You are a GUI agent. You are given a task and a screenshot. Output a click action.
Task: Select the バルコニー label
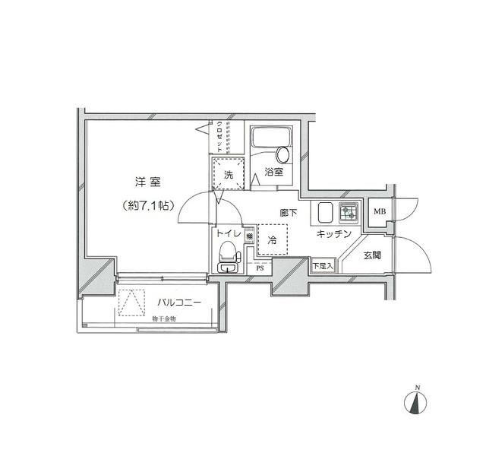(174, 303)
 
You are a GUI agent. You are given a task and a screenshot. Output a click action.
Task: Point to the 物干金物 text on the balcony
(163, 318)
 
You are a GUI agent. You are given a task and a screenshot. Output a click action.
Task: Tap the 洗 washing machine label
(228, 175)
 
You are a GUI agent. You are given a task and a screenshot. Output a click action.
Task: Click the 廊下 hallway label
(288, 214)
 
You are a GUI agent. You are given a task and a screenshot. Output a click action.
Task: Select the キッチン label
(333, 235)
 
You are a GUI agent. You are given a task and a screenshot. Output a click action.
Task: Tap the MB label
(377, 212)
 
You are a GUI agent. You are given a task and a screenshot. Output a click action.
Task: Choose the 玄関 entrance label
(372, 255)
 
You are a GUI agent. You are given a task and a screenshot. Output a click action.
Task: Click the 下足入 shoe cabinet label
(321, 267)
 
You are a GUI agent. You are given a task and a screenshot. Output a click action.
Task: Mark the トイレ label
(229, 235)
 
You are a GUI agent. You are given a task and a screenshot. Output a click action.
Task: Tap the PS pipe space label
(260, 268)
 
